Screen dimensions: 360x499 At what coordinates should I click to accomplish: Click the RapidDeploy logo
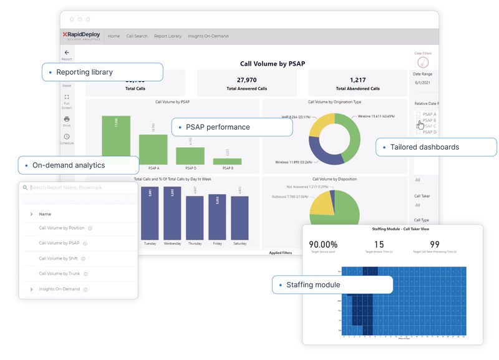(81, 36)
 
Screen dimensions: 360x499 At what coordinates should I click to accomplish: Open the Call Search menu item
(137, 36)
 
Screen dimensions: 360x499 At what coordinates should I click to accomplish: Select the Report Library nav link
(168, 36)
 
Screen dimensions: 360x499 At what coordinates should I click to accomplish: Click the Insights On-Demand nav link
(208, 36)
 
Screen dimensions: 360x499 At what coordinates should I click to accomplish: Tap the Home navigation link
(114, 36)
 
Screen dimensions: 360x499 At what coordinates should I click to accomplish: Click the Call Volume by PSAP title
(272, 64)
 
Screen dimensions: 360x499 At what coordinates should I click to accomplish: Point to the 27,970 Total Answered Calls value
(247, 80)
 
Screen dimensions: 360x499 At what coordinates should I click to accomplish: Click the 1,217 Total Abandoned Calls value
(357, 80)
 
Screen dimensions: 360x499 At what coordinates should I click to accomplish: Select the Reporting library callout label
(84, 72)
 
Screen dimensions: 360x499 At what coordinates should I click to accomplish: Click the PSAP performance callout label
(218, 127)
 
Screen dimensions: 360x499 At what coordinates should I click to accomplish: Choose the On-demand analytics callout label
(69, 165)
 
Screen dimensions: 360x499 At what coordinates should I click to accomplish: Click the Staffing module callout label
(313, 285)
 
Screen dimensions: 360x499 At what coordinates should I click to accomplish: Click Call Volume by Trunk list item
(59, 273)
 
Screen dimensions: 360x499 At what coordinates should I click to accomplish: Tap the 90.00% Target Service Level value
(323, 245)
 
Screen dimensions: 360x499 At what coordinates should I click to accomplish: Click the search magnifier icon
(25, 187)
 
